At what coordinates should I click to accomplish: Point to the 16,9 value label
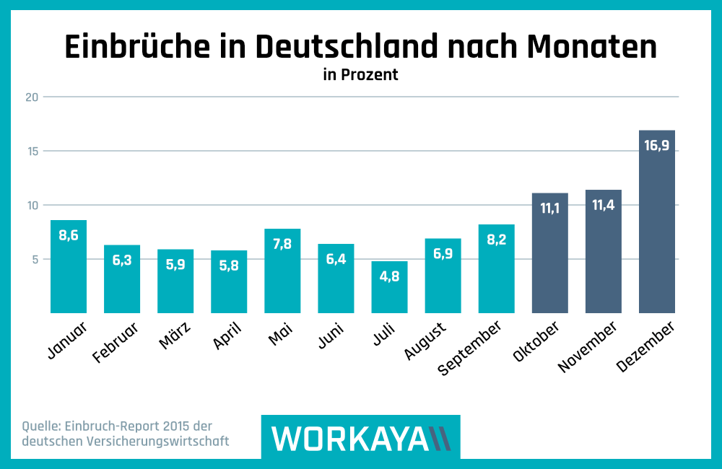pos(656,145)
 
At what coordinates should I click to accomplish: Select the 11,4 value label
pos(603,205)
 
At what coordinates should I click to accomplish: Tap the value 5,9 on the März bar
pos(175,264)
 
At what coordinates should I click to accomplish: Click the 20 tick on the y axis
pos(30,97)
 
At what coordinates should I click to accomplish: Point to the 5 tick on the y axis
pos(34,259)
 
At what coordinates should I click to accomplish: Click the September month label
pos(471,350)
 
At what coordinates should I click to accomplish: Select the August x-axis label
pos(423,341)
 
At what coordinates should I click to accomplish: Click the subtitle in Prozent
pos(360,74)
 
